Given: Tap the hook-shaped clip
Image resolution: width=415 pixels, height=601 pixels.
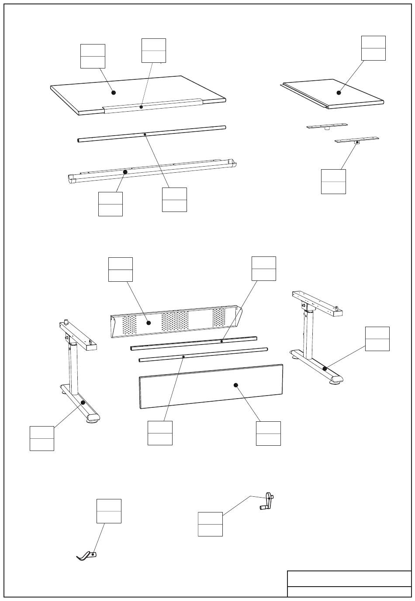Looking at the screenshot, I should tap(86, 556).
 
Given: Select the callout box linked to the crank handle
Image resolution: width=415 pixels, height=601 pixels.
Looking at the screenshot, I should tap(210, 524).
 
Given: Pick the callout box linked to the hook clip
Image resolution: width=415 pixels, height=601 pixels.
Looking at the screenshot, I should tap(109, 511).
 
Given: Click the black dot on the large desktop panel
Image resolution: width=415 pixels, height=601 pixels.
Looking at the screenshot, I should tap(114, 92).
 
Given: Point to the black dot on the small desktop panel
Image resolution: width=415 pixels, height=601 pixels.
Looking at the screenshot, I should tap(339, 92).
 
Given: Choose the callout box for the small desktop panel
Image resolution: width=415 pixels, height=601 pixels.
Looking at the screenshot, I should tap(373, 48).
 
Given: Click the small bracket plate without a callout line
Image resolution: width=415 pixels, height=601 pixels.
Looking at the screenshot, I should tap(327, 126).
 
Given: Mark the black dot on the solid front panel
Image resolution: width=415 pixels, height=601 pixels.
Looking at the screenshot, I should tap(236, 385).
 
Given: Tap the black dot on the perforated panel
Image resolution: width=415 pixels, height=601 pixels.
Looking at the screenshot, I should tap(149, 323).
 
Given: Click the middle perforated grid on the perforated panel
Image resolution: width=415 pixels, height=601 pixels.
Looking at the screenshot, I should tap(175, 321).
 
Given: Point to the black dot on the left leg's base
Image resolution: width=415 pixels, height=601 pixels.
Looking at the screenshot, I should tap(83, 403).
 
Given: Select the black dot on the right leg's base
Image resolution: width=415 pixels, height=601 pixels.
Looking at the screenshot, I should tap(325, 369).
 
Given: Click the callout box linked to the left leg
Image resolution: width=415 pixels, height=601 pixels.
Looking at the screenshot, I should tap(42, 438).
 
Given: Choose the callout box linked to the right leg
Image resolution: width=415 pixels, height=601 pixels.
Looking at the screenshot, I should tap(377, 338).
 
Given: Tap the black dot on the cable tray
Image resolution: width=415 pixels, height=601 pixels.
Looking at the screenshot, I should tap(125, 172).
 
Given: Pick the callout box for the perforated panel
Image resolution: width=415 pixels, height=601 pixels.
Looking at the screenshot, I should tap(121, 269).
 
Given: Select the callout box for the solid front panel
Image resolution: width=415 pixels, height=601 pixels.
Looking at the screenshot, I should tap(268, 433).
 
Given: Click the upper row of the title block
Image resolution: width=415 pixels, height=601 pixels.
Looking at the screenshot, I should tap(349, 578).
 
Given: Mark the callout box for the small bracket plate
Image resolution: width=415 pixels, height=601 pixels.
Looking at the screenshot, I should tap(333, 181).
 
